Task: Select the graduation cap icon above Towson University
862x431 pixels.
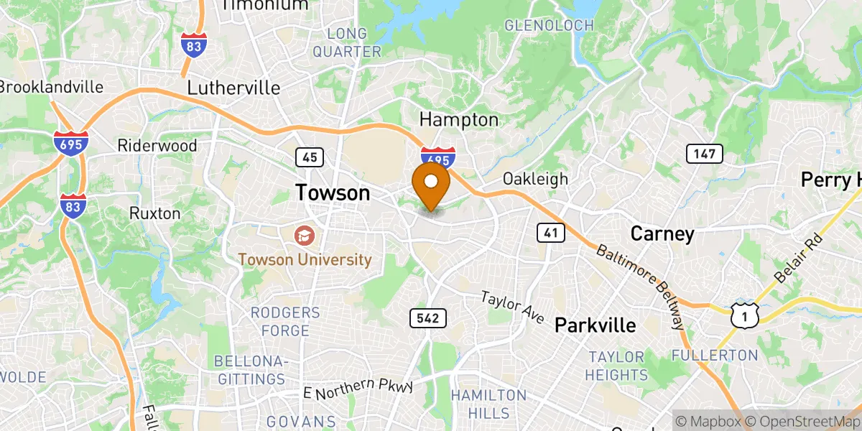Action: click(x=304, y=234)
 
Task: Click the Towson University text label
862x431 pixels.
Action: click(x=306, y=259)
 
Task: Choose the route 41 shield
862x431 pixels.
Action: click(x=550, y=232)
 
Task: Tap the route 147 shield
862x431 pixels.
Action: click(x=699, y=153)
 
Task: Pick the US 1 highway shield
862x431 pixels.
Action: click(x=745, y=313)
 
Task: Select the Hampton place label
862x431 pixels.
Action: click(x=458, y=119)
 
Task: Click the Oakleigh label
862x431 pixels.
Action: click(x=535, y=179)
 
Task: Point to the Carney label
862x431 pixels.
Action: click(x=662, y=233)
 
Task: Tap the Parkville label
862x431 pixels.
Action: click(x=595, y=325)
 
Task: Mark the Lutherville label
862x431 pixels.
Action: click(x=233, y=88)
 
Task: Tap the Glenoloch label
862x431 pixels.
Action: click(x=550, y=26)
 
